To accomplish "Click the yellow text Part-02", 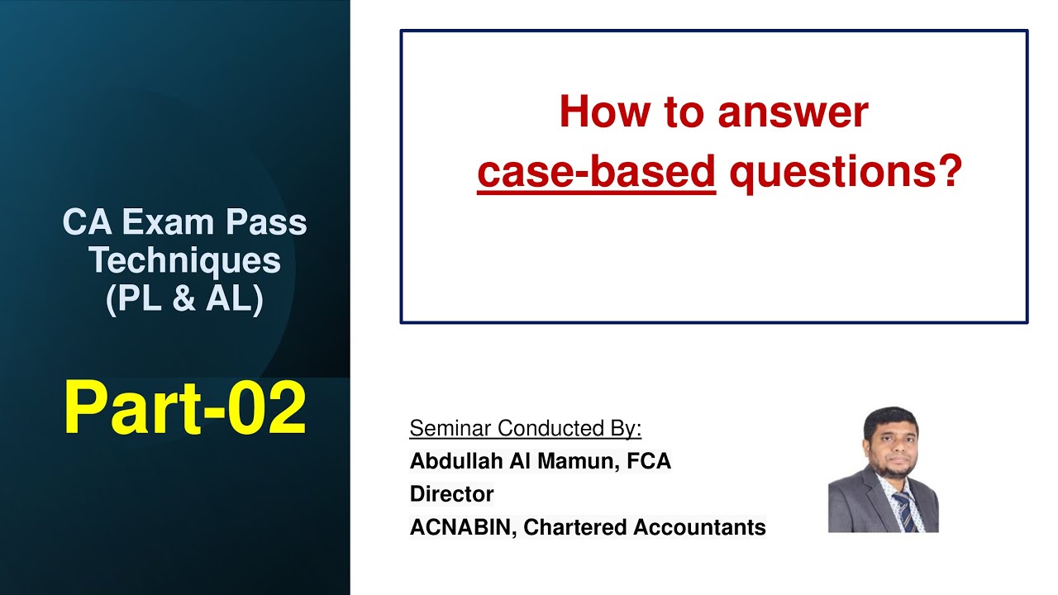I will coord(184,409).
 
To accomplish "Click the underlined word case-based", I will coord(596,173).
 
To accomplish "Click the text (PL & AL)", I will coord(184,298).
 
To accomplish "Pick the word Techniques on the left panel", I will coord(184,260).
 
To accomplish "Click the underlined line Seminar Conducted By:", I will coord(526,428).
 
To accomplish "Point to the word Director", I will coord(451,494).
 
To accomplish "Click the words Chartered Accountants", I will coord(645,527).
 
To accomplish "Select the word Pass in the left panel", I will coord(270,222).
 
